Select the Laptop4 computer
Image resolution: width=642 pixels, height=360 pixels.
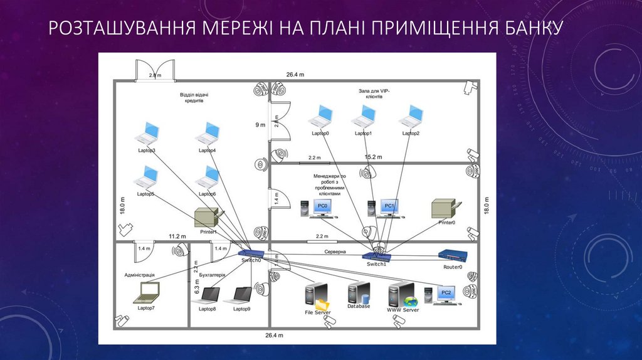[208, 134]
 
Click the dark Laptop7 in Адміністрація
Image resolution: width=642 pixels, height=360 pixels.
[148, 291]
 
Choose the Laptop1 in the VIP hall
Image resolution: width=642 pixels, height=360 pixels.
[364, 116]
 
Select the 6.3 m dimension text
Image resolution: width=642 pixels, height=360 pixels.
[196, 287]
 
